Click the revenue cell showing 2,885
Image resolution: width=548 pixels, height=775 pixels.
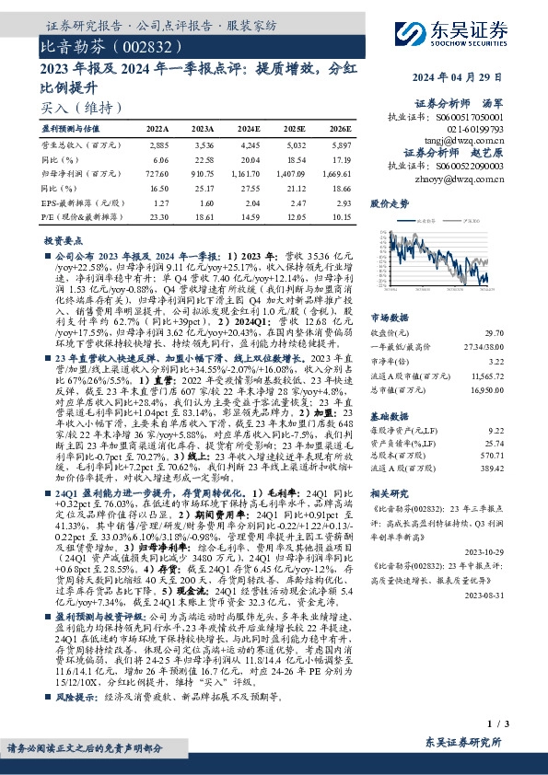tap(157, 145)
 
